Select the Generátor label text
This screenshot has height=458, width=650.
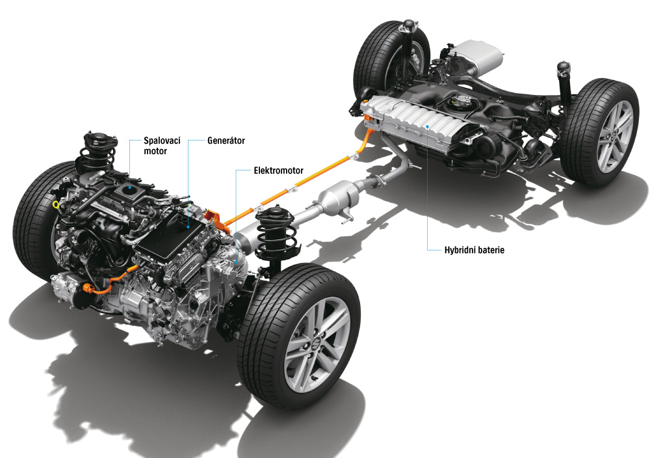pyautogui.click(x=226, y=140)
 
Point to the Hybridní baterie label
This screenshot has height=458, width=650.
pyautogui.click(x=476, y=250)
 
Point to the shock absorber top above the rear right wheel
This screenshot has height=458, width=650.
pyautogui.click(x=563, y=68)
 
